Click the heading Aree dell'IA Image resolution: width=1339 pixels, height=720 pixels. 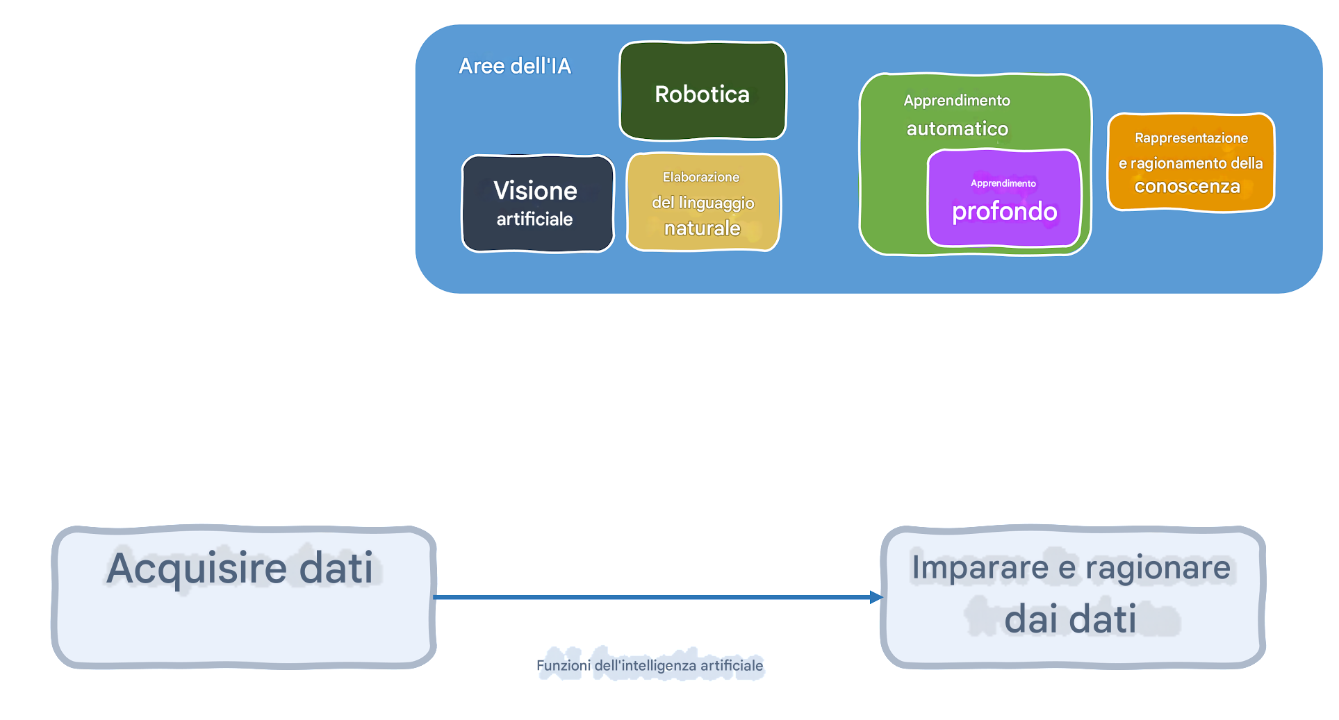[515, 66]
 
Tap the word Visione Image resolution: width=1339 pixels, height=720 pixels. [535, 191]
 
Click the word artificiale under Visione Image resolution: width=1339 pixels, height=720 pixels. [534, 219]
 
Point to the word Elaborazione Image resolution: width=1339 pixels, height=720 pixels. [701, 177]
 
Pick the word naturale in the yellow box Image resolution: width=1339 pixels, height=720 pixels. [702, 228]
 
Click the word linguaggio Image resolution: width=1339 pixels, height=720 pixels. [716, 203]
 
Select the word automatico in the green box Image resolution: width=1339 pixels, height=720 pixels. [957, 128]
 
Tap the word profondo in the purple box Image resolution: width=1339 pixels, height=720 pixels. [1004, 212]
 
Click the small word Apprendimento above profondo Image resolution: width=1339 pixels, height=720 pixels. [1003, 183]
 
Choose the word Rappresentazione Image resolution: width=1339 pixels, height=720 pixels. [1191, 138]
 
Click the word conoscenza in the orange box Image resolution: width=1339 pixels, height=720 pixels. [1187, 187]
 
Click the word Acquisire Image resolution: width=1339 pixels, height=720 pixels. [196, 568]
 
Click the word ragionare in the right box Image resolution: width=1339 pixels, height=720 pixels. [1158, 567]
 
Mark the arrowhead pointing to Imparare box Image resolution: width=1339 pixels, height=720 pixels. [876, 597]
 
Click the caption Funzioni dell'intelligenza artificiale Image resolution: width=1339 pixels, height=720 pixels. [650, 666]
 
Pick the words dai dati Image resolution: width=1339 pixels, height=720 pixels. [1070, 619]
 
